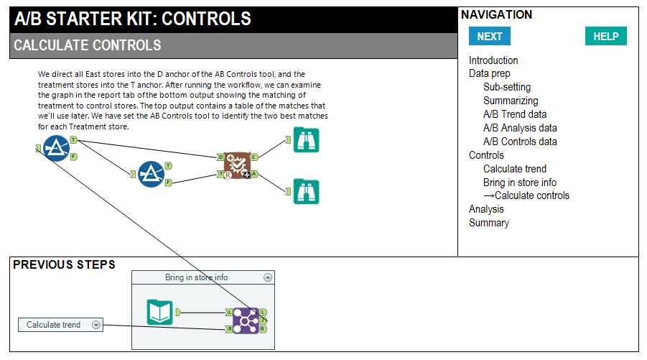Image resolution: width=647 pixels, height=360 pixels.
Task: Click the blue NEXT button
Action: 490,37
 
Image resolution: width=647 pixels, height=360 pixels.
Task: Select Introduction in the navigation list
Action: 493,60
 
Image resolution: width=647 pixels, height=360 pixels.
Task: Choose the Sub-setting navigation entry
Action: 507,87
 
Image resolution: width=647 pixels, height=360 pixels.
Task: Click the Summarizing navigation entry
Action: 511,101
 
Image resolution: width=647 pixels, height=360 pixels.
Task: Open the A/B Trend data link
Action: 515,114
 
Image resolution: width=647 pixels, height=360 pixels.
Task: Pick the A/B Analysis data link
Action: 520,128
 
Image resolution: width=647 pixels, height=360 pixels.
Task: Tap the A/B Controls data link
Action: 520,142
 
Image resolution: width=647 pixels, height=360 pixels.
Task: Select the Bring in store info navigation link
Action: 520,183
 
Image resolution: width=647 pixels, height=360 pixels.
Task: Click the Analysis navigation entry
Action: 486,209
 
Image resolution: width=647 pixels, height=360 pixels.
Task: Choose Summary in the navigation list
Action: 489,223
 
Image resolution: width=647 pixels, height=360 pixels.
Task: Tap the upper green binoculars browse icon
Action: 306,139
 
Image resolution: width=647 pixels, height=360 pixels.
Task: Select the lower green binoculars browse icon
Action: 306,191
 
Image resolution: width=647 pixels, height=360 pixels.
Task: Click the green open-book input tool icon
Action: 159,313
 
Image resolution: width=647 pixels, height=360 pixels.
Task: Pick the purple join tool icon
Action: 246,320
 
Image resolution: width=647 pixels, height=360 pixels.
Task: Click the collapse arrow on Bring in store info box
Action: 268,277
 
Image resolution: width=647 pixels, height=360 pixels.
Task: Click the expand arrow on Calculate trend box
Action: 96,325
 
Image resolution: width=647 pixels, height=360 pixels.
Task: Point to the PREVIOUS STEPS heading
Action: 64,265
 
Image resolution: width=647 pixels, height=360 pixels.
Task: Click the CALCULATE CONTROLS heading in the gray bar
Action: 88,46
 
